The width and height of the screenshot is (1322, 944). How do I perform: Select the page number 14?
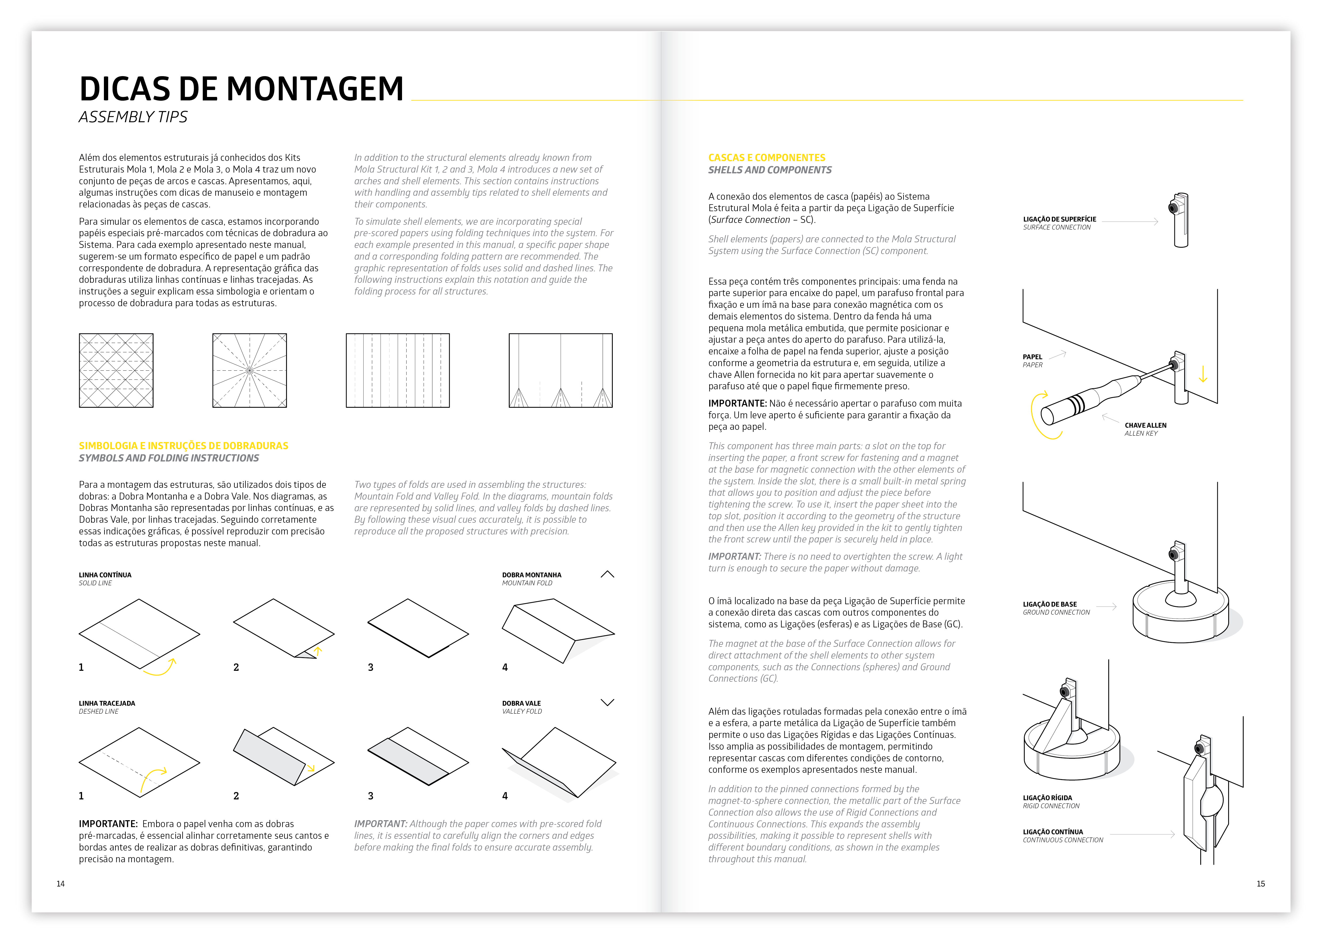[60, 884]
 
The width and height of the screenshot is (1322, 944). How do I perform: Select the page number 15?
[1260, 884]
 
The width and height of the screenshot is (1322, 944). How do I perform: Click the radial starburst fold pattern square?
[250, 370]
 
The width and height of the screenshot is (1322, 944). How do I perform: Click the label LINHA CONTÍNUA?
[105, 575]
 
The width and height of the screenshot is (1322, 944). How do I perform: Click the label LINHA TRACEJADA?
[107, 703]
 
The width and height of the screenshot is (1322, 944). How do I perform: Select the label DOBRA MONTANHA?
[532, 575]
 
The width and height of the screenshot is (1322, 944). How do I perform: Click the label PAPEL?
[1032, 357]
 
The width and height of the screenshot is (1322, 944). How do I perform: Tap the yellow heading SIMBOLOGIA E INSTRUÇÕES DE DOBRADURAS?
[183, 446]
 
